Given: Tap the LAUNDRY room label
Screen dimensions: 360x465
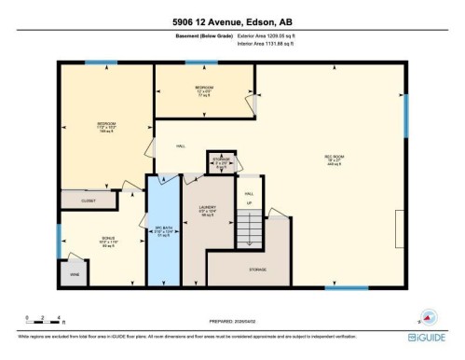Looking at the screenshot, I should (208, 211).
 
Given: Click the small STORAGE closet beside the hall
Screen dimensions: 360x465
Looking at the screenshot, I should (221, 160).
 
